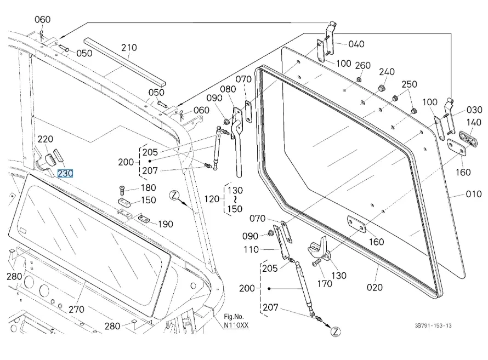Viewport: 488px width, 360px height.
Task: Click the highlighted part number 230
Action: [x=65, y=174]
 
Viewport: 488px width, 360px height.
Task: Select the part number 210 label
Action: [x=129, y=48]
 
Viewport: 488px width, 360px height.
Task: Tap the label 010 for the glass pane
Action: [x=473, y=194]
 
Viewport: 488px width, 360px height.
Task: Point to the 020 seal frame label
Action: [x=375, y=287]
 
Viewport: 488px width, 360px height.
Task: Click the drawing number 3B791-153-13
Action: [x=433, y=325]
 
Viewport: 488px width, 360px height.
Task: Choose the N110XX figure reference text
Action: [x=236, y=325]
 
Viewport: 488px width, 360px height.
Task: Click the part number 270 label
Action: [x=76, y=309]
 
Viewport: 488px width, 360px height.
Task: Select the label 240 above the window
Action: [x=387, y=72]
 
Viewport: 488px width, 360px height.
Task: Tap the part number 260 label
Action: [x=362, y=66]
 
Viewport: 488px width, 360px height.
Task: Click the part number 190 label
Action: [x=165, y=224]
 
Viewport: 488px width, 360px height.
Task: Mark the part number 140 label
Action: [x=474, y=122]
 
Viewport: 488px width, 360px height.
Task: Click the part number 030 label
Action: [x=474, y=110]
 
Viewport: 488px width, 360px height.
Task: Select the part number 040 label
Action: [x=356, y=44]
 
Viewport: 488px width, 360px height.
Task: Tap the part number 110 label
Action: [x=251, y=250]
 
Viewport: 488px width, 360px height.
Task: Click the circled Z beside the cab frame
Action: [x=174, y=195]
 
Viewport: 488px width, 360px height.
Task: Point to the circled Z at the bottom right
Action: [x=336, y=332]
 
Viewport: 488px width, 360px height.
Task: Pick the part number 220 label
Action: [x=45, y=139]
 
